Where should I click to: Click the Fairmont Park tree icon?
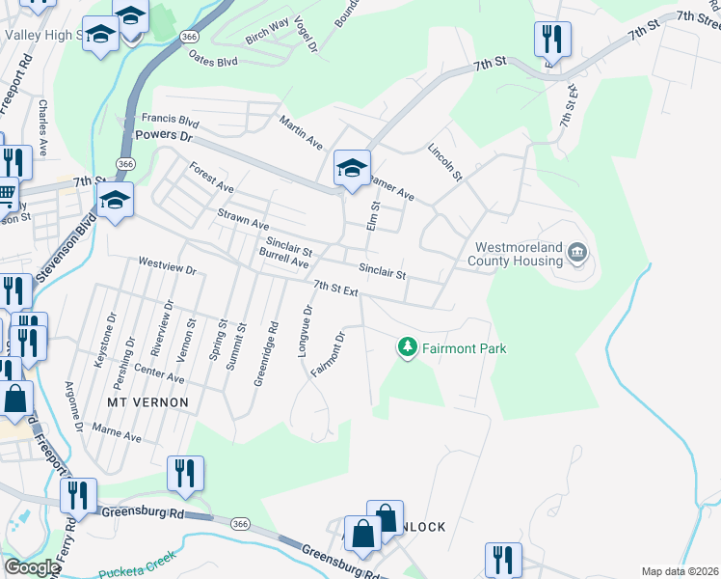point(408,346)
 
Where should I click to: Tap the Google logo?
point(31,567)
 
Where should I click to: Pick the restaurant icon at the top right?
point(552,40)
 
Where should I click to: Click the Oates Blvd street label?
point(214,61)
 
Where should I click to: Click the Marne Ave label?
point(117,431)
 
